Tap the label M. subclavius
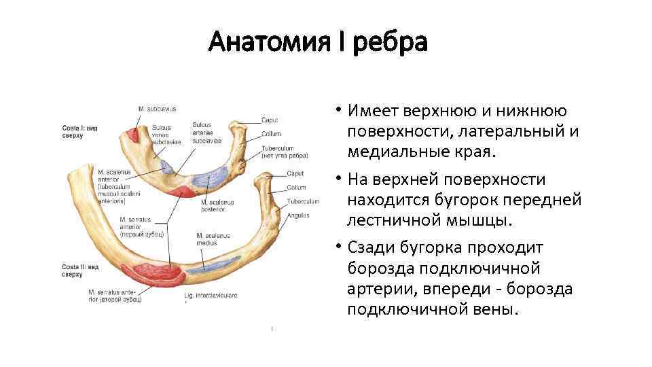tap(157, 109)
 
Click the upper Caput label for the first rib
tap(270, 120)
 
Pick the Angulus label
tap(297, 215)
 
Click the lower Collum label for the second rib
tap(296, 187)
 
